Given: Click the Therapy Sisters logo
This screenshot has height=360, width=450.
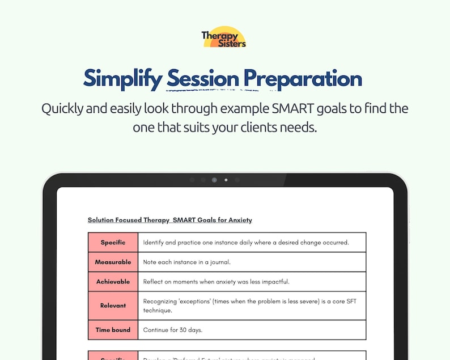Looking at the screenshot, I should pos(224,37).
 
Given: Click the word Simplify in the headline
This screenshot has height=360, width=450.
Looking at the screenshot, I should pos(122,79).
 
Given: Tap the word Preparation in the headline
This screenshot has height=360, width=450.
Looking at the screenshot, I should pos(303,79).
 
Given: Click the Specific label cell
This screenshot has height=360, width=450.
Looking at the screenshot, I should pos(113,243).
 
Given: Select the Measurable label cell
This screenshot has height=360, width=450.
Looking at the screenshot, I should pos(113,262).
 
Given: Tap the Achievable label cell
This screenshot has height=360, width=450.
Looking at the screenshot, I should pos(113,281).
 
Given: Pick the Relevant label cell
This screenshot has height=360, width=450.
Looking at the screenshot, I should pos(113,306).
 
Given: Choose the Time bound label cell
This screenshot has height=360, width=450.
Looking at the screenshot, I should pos(113,329).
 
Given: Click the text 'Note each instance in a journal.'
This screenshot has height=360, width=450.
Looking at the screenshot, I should pos(186,262).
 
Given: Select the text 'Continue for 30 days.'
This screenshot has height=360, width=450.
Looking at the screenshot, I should pos(172,329).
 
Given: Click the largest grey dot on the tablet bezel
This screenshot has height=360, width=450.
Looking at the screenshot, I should pos(214,180).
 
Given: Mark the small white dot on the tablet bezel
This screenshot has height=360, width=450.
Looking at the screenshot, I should pos(226,180).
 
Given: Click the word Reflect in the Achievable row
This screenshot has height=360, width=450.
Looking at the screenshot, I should pos(153,281).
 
